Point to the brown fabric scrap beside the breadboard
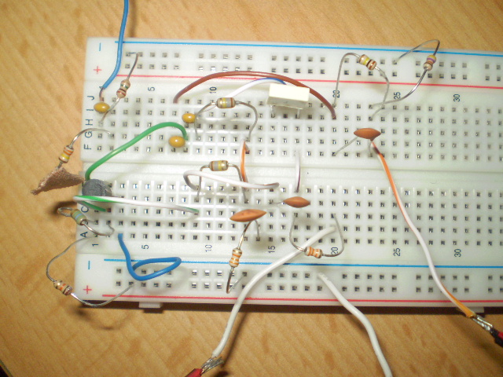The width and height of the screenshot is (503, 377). tap(53, 181)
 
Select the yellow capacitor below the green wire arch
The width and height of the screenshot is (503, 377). tap(178, 142)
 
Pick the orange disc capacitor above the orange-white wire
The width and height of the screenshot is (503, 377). tap(367, 134)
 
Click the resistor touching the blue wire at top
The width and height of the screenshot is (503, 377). tap(123, 90)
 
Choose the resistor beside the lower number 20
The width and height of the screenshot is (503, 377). tap(313, 252)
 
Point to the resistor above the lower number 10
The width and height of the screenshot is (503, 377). tap(218, 166)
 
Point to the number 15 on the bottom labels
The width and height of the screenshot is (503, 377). tap(271, 249)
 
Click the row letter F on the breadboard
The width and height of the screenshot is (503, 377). tap(87, 145)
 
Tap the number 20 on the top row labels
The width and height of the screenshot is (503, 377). tap(335, 94)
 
